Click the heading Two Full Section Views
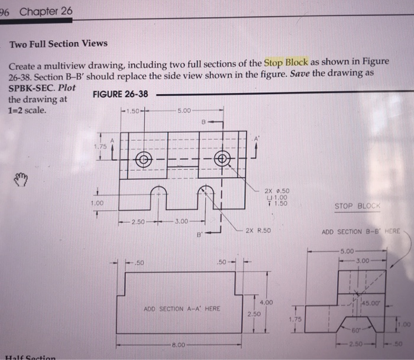pos(59,43)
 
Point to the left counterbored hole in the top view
pos(142,158)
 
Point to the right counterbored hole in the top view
pos(222,158)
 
